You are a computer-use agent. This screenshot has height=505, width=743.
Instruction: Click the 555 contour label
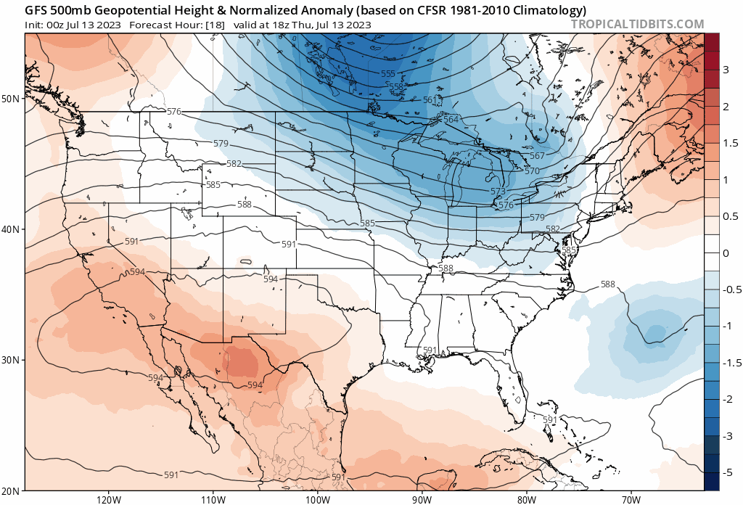point(388,74)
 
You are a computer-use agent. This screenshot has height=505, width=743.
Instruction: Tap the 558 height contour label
point(395,86)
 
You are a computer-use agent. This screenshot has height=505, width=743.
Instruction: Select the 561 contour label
point(430,100)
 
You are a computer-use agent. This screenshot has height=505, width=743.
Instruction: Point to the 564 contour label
point(451,120)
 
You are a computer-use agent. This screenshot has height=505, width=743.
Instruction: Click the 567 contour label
point(537,156)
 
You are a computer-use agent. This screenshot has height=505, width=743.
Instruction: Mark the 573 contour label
point(498,192)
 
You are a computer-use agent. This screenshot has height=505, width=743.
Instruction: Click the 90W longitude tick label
point(422,499)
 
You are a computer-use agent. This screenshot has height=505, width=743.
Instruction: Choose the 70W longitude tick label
point(631,499)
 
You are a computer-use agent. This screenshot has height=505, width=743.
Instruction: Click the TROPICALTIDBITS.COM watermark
point(637,24)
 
